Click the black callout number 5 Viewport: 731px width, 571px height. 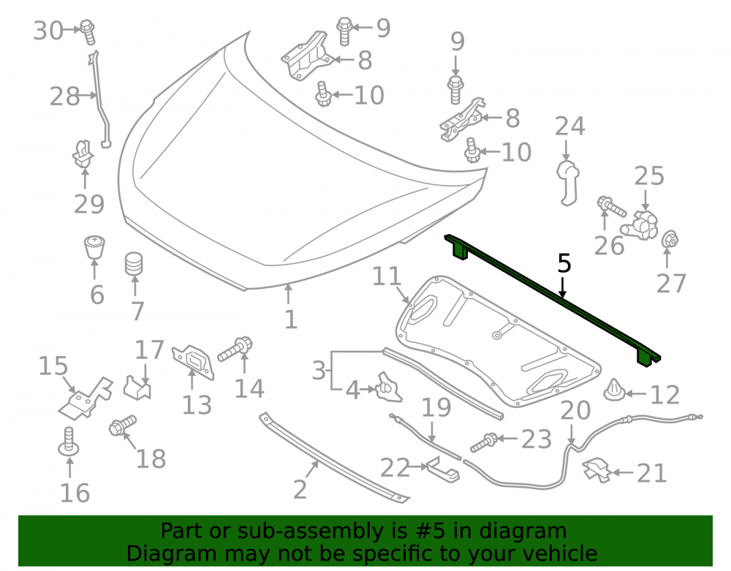[x=564, y=263]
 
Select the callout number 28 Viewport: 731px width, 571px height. [x=65, y=97]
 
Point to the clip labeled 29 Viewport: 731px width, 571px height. [x=83, y=154]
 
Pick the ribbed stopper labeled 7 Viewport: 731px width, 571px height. [x=134, y=264]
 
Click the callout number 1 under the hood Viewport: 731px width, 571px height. [x=291, y=319]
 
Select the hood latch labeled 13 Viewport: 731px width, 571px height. [x=194, y=361]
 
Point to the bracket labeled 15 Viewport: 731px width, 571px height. [x=86, y=398]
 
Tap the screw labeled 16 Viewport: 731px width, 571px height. [x=69, y=442]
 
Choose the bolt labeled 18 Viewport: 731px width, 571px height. [x=123, y=425]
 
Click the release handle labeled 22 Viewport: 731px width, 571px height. [x=443, y=469]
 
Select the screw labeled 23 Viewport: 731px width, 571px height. [x=485, y=442]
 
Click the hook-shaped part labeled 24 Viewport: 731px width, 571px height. [x=568, y=183]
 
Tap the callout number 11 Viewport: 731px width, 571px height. [x=387, y=276]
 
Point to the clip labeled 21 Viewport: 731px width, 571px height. [x=596, y=469]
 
